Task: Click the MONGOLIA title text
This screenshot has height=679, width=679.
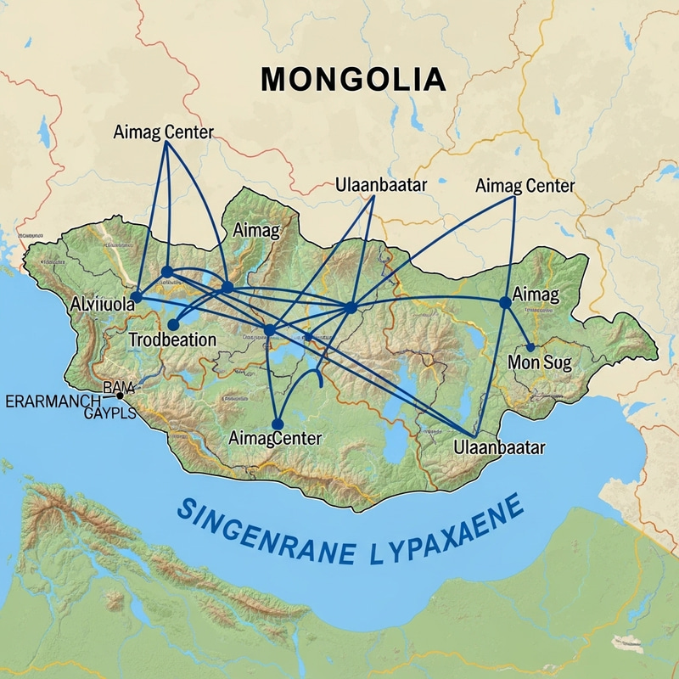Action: point(352,79)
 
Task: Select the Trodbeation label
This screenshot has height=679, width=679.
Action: point(172,339)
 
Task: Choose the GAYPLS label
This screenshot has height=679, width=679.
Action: point(110,413)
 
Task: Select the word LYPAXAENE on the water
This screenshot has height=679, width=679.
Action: point(446,526)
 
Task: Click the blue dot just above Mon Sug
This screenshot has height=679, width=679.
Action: point(530,346)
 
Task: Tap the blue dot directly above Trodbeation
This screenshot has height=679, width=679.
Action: point(174,324)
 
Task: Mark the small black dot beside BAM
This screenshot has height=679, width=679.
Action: point(121,396)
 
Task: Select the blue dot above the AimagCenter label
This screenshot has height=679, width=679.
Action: point(276,424)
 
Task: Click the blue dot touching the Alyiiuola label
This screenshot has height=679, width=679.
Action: point(135,295)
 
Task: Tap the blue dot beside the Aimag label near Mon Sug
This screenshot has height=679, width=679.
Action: point(505,301)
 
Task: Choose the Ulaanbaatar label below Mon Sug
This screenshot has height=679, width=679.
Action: point(498,446)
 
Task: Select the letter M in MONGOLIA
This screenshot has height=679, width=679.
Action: point(275,79)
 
